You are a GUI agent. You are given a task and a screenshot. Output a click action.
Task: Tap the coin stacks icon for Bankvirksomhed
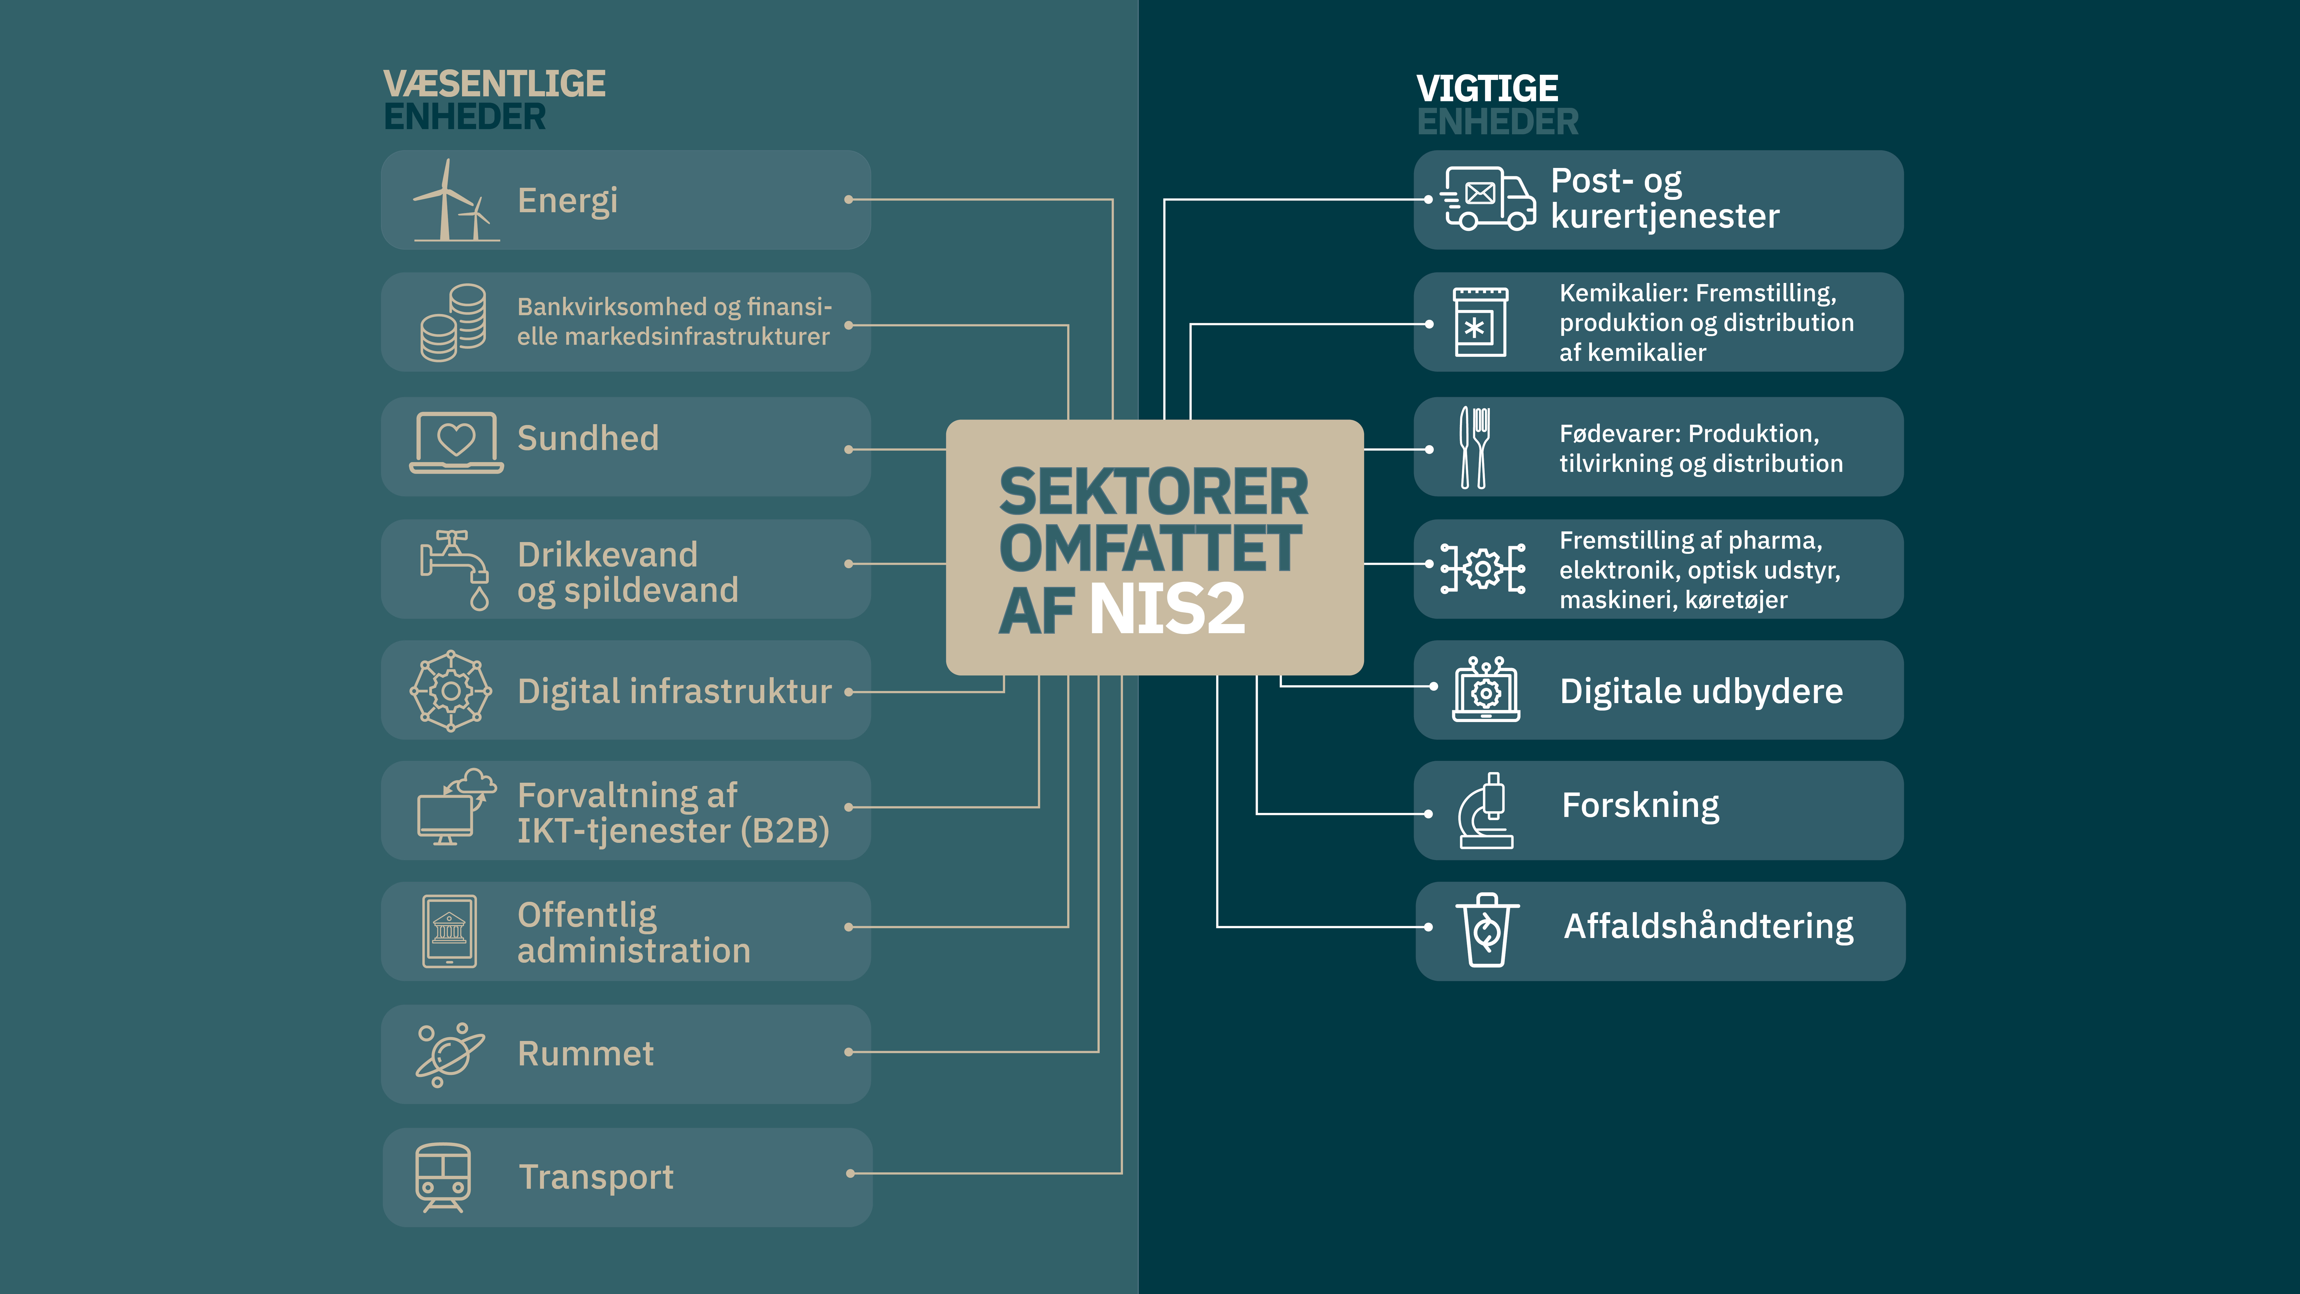454,322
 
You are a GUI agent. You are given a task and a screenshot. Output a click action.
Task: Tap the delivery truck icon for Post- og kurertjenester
1488,198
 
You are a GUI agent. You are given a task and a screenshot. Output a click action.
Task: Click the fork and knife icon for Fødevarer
1473,447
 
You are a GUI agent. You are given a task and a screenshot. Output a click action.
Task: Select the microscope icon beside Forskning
1486,811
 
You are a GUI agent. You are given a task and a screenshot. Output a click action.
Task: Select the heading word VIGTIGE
1488,88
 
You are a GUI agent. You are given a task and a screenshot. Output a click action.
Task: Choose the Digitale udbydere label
1701,691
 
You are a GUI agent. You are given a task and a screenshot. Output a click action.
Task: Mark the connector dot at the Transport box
850,1174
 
